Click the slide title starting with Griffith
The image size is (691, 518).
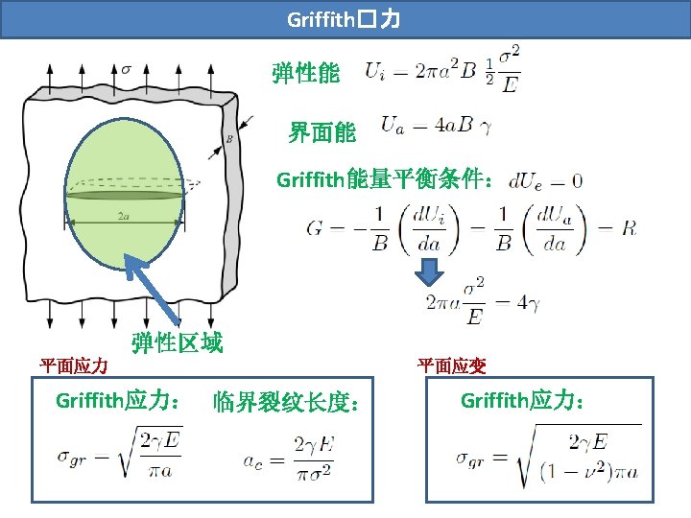(345, 19)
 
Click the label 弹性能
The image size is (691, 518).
(305, 74)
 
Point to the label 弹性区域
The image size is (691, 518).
(177, 342)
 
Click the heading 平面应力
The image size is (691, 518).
(73, 365)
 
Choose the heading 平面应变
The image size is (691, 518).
(451, 365)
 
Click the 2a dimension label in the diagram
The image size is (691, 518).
(124, 216)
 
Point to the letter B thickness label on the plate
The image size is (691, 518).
(229, 138)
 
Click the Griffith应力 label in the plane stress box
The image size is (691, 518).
(120, 400)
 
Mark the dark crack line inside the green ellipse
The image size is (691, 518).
(125, 195)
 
